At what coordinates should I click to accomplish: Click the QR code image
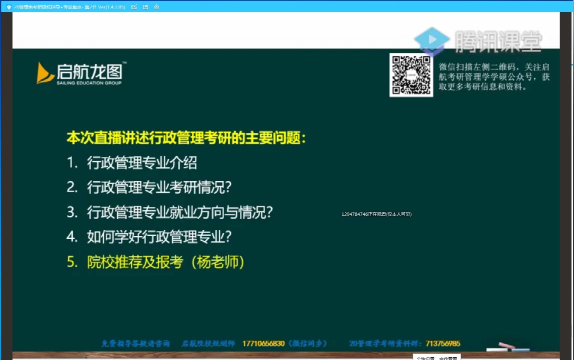[411, 75]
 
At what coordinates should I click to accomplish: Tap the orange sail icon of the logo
[45, 73]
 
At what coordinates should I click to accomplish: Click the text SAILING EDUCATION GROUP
[89, 82]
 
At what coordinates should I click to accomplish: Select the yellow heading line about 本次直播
[186, 138]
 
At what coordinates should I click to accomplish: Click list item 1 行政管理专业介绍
[141, 162]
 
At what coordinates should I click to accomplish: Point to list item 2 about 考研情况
[159, 187]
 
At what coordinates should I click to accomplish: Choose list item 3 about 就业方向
[179, 212]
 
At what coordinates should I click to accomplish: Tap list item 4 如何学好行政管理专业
[159, 236]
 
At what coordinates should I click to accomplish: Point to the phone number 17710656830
[263, 343]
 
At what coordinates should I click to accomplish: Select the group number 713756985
[443, 343]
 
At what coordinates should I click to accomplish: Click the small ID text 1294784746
[354, 214]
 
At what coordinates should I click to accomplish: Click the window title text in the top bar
[69, 7]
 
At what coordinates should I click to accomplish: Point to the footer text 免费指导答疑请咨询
[135, 343]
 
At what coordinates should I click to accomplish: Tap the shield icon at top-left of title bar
[8, 7]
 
